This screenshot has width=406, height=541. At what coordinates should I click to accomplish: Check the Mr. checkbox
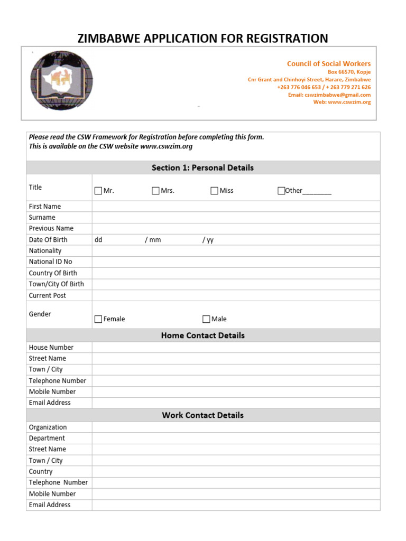click(x=98, y=191)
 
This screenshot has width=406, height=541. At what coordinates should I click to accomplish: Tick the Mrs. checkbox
click(x=155, y=191)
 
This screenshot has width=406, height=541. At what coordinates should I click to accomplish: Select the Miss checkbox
click(x=214, y=191)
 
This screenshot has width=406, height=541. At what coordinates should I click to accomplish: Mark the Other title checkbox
click(x=281, y=191)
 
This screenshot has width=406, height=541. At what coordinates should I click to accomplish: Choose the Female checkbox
click(x=98, y=319)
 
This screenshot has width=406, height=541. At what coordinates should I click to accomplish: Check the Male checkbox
click(x=206, y=319)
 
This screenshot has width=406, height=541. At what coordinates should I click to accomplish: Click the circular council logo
click(x=61, y=80)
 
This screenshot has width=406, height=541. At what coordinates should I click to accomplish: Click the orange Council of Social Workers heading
click(x=328, y=63)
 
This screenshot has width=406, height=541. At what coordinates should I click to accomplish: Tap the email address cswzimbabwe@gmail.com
click(x=337, y=95)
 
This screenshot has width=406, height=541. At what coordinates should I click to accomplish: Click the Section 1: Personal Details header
click(x=202, y=167)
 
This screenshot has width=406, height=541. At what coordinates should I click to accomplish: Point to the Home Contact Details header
click(x=202, y=335)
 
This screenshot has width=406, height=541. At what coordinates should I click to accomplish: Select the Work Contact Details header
click(x=202, y=415)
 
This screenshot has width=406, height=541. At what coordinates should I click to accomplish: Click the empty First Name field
click(x=236, y=207)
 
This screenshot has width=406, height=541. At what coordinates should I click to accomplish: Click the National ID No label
click(x=50, y=262)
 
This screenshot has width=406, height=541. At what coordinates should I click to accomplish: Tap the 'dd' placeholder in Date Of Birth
click(x=98, y=240)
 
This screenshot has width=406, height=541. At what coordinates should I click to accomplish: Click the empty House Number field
click(x=236, y=348)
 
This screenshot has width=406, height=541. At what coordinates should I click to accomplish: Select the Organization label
click(x=48, y=427)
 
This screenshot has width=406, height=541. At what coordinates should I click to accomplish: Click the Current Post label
click(x=47, y=296)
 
